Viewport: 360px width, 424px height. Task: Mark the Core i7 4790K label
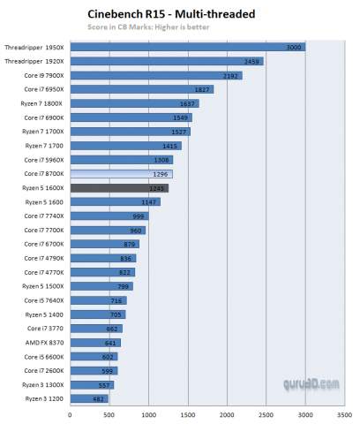point(42,258)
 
